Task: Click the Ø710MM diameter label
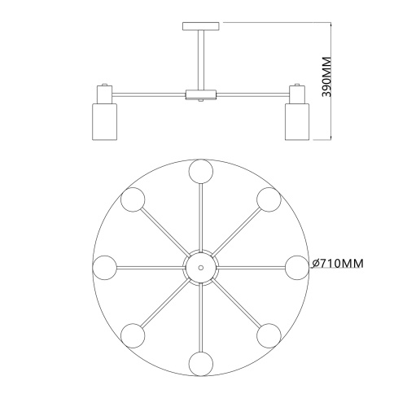[x=337, y=263]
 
